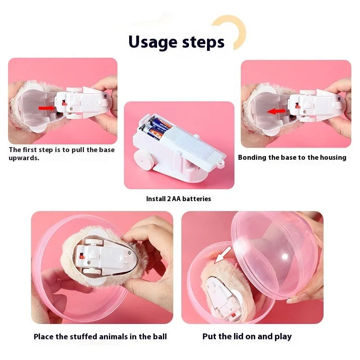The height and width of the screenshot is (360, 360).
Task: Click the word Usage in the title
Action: [x=153, y=42]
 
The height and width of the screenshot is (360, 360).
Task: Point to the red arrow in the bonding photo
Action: [x=277, y=111]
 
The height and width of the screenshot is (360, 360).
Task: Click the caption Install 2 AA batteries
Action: [x=179, y=198]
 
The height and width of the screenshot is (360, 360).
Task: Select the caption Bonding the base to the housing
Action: [x=292, y=157]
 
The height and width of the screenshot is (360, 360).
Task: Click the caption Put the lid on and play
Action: [x=247, y=336]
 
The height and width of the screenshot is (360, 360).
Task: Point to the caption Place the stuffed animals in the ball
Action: [x=100, y=337]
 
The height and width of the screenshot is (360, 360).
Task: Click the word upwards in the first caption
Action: [x=24, y=158]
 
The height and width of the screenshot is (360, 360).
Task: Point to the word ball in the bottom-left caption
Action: [x=159, y=337]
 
